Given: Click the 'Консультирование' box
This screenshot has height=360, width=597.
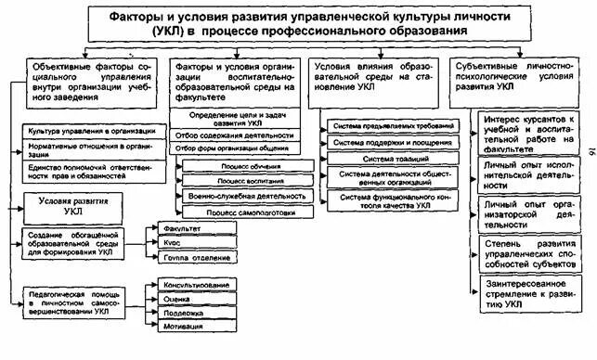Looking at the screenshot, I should click(x=198, y=284).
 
